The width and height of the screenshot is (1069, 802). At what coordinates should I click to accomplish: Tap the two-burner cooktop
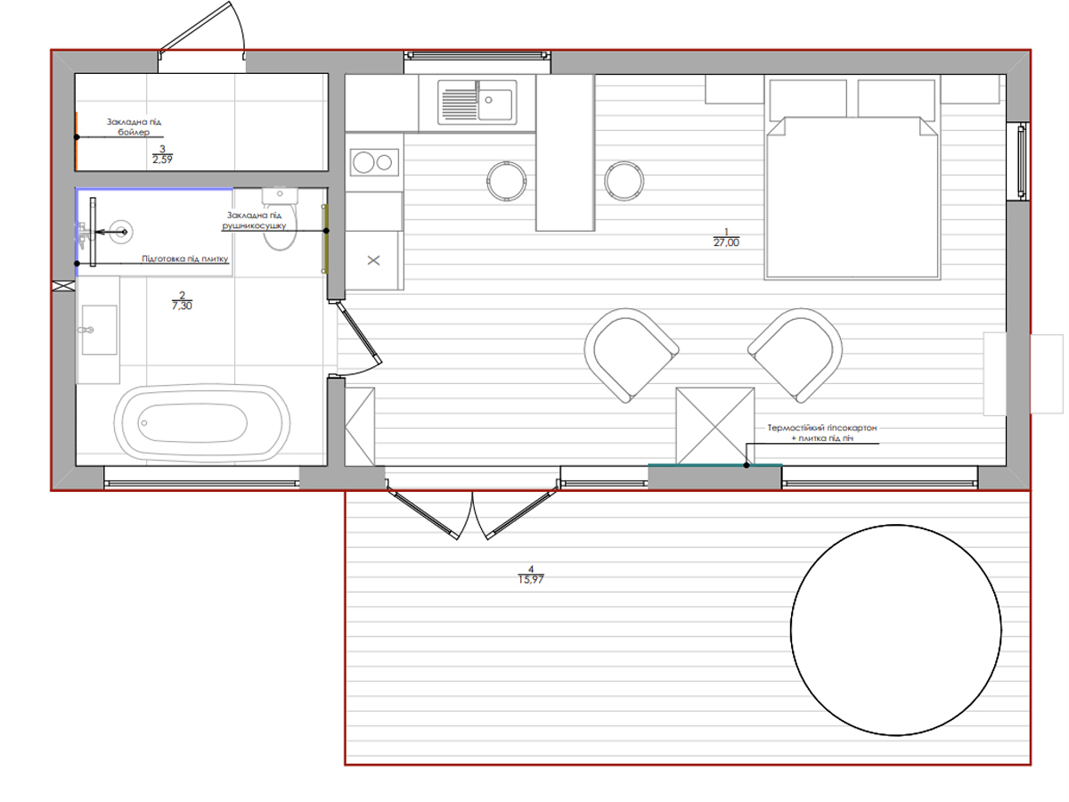click(x=374, y=162)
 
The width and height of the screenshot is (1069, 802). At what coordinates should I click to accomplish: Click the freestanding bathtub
click(x=202, y=422)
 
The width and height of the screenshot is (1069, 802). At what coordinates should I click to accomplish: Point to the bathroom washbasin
click(x=99, y=330)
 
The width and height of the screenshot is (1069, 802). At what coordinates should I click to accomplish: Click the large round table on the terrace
click(x=895, y=630)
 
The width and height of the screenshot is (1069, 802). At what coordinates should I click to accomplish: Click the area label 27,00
click(x=726, y=242)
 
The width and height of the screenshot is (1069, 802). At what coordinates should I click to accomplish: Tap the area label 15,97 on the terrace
click(x=531, y=579)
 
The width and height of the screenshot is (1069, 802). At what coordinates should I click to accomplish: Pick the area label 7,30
click(x=182, y=306)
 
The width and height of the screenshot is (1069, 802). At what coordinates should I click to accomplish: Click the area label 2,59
click(x=162, y=160)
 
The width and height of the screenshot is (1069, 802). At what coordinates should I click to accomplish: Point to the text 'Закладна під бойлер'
click(x=134, y=127)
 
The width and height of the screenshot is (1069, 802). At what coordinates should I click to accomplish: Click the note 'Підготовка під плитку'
click(x=185, y=258)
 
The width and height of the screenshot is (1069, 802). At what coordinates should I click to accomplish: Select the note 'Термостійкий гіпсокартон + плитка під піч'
click(x=822, y=433)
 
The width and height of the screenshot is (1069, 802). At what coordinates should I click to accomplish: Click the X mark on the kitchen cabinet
click(x=373, y=260)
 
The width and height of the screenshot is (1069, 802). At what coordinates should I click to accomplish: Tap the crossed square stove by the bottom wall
click(x=715, y=426)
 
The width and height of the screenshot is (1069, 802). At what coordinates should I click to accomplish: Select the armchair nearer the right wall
click(x=795, y=356)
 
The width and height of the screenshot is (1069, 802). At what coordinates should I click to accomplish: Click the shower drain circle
click(x=121, y=232)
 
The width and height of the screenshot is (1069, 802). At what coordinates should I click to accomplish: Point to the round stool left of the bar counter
click(x=507, y=181)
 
